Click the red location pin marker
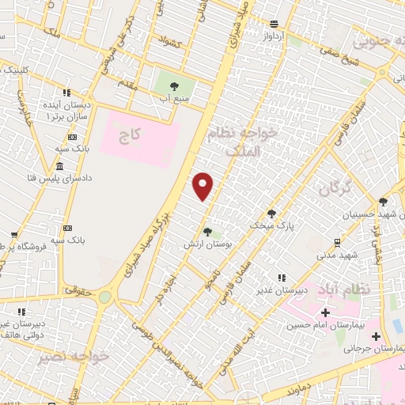click(203, 186)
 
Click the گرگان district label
click(335, 189)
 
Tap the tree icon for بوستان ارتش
click(207, 232)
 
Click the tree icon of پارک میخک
click(271, 214)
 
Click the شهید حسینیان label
click(369, 214)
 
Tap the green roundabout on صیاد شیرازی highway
click(104, 297)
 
